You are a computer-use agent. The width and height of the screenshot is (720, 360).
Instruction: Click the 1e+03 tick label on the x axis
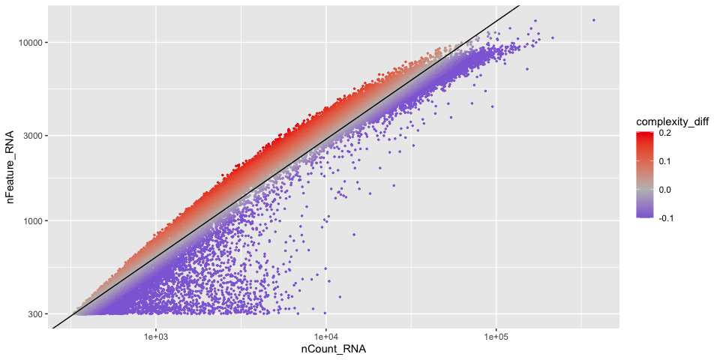coord(155,336)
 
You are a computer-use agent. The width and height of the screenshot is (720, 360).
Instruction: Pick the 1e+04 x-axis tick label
coord(326,336)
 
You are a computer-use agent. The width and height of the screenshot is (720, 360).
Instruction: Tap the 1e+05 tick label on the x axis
coord(496,336)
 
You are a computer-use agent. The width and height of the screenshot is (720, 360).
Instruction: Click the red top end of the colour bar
coord(645,133)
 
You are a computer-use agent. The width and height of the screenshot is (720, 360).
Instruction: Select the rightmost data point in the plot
coord(593,20)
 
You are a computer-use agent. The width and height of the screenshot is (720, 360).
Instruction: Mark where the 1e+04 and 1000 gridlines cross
coord(326,221)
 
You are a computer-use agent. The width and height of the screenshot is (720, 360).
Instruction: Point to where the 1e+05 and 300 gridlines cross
coord(496,314)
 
